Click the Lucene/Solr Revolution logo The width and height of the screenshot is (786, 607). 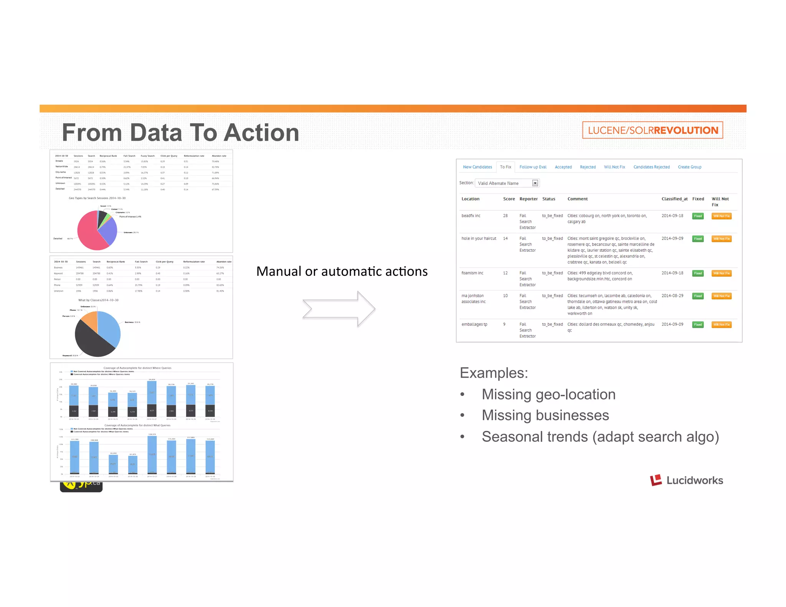click(652, 130)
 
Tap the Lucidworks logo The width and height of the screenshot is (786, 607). click(686, 480)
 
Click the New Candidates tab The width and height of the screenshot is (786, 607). click(477, 167)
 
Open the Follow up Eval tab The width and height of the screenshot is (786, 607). click(533, 167)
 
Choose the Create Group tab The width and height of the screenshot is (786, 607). click(689, 167)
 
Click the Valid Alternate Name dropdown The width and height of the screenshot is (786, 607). click(507, 183)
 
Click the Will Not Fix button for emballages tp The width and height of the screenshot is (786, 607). click(721, 325)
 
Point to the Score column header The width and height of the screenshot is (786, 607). click(509, 199)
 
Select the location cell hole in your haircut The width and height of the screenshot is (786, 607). click(479, 238)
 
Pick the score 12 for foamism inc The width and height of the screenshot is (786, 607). click(505, 273)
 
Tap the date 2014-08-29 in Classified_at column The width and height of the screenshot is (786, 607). click(672, 295)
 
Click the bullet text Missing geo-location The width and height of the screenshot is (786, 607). click(548, 394)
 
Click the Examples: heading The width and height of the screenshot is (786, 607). click(494, 373)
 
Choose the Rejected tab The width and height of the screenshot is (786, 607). click(588, 167)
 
